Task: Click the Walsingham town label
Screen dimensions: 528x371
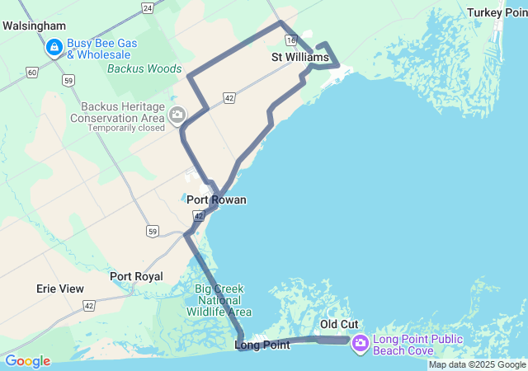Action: click(x=34, y=26)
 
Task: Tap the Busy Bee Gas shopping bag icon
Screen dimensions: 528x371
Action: click(x=54, y=48)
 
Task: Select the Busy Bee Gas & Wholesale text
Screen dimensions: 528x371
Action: click(x=102, y=49)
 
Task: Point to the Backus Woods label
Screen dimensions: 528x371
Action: click(x=144, y=68)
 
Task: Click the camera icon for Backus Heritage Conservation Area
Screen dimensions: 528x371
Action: click(x=177, y=116)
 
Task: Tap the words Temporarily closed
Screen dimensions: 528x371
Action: click(x=126, y=128)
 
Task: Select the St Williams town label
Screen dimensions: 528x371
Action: click(x=300, y=58)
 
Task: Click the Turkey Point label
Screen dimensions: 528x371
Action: click(x=497, y=12)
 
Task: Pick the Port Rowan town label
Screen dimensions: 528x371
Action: click(x=216, y=200)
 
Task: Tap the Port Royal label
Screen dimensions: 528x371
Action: click(x=136, y=276)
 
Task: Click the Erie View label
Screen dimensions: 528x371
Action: click(x=60, y=289)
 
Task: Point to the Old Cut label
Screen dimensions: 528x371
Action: click(x=338, y=325)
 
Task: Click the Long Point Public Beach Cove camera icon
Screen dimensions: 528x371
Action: click(x=360, y=343)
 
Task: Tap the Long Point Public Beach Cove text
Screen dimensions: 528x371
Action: click(x=417, y=345)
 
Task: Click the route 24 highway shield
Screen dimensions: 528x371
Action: click(x=147, y=7)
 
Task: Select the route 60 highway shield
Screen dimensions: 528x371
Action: click(x=31, y=73)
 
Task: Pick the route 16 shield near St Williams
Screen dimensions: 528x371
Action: click(x=290, y=39)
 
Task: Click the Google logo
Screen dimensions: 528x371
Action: click(x=27, y=361)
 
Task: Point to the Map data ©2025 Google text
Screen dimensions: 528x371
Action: click(x=476, y=364)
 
